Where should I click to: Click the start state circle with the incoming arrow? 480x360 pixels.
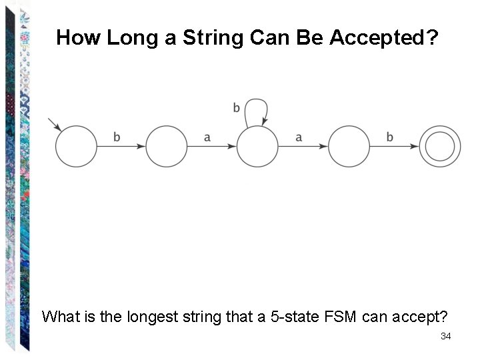tap(75, 147)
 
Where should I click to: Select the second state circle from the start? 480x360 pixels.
tap(167, 147)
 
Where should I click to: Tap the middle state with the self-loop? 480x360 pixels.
tap(257, 147)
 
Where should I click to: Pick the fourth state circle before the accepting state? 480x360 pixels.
tap(349, 147)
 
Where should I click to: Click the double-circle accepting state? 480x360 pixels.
tap(440, 147)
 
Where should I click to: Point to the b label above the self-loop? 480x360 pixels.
tap(237, 107)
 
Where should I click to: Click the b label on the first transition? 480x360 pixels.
tap(117, 137)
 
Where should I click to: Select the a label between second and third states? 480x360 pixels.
tap(207, 137)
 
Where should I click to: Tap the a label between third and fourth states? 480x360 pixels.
tap(299, 137)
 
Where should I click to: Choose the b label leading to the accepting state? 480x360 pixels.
tap(390, 137)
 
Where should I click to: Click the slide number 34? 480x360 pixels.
tap(446, 336)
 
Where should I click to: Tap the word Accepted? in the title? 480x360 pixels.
tap(386, 37)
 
